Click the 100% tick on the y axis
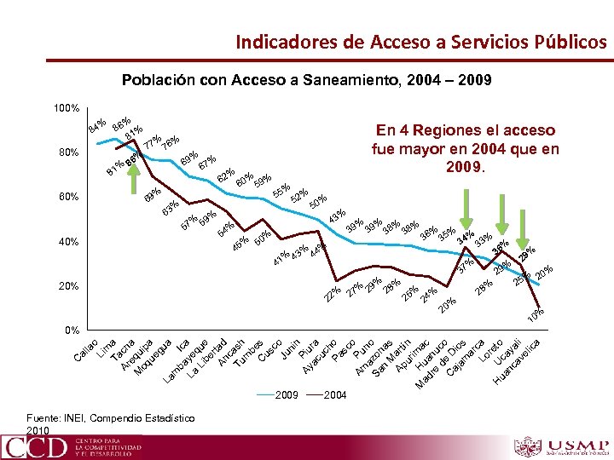[66, 109]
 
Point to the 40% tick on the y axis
[68, 242]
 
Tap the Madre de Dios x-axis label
[440, 360]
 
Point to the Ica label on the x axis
[182, 342]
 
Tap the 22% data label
[333, 292]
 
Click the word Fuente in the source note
[45, 417]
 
